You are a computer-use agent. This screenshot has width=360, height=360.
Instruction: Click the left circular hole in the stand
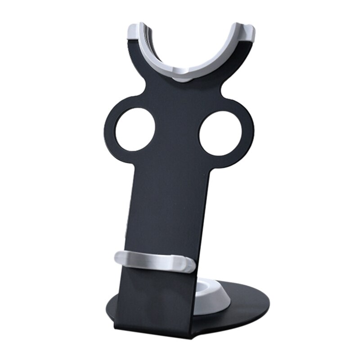tap(135, 129)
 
